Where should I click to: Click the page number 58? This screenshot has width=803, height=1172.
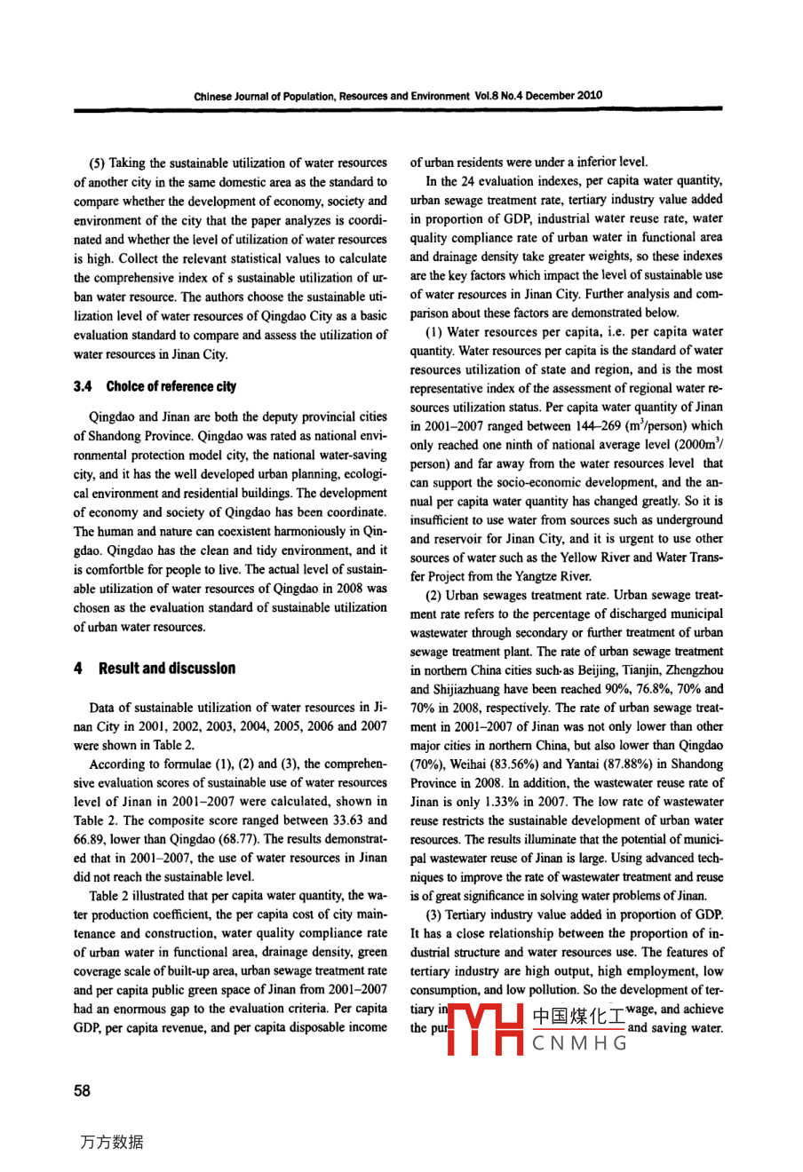[x=82, y=1091]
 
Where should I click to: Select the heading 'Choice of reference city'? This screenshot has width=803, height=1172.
[x=171, y=386]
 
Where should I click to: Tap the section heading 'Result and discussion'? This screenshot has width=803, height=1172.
[x=167, y=669]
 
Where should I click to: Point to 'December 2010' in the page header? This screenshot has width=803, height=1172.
[x=569, y=96]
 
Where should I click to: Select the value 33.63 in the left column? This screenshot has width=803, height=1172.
[x=369, y=820]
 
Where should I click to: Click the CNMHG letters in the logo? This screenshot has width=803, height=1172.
[x=580, y=1043]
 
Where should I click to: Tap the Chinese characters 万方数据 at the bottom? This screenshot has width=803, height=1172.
[x=111, y=1143]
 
